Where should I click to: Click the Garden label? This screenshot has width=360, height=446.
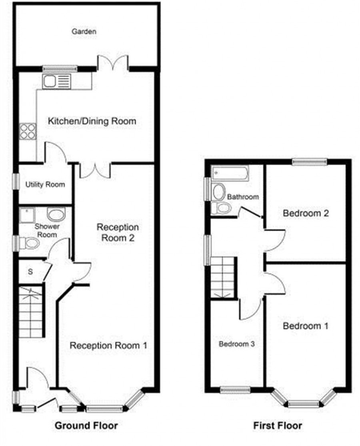point(84,31)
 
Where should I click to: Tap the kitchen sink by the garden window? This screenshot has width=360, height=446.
point(56,81)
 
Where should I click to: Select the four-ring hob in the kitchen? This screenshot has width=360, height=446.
point(28,132)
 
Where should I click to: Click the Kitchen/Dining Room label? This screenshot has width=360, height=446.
point(92,121)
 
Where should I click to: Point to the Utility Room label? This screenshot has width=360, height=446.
point(45,185)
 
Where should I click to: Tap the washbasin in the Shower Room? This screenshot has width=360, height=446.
point(56,214)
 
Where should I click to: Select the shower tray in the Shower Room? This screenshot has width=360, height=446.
point(27,215)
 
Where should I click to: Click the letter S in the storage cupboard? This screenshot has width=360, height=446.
point(30,272)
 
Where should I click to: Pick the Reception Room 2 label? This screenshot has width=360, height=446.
point(118,232)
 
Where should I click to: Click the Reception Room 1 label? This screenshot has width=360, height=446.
point(109,346)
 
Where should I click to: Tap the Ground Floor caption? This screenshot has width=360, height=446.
point(86,426)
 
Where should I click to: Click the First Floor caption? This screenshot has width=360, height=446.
point(278,426)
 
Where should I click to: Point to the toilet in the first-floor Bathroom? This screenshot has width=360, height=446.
point(221,208)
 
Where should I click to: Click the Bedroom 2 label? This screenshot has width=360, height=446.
point(306,213)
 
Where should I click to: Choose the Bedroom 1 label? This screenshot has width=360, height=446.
point(306,326)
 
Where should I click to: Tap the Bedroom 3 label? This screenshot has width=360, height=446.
point(236,344)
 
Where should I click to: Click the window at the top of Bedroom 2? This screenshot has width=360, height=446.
point(310,162)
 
